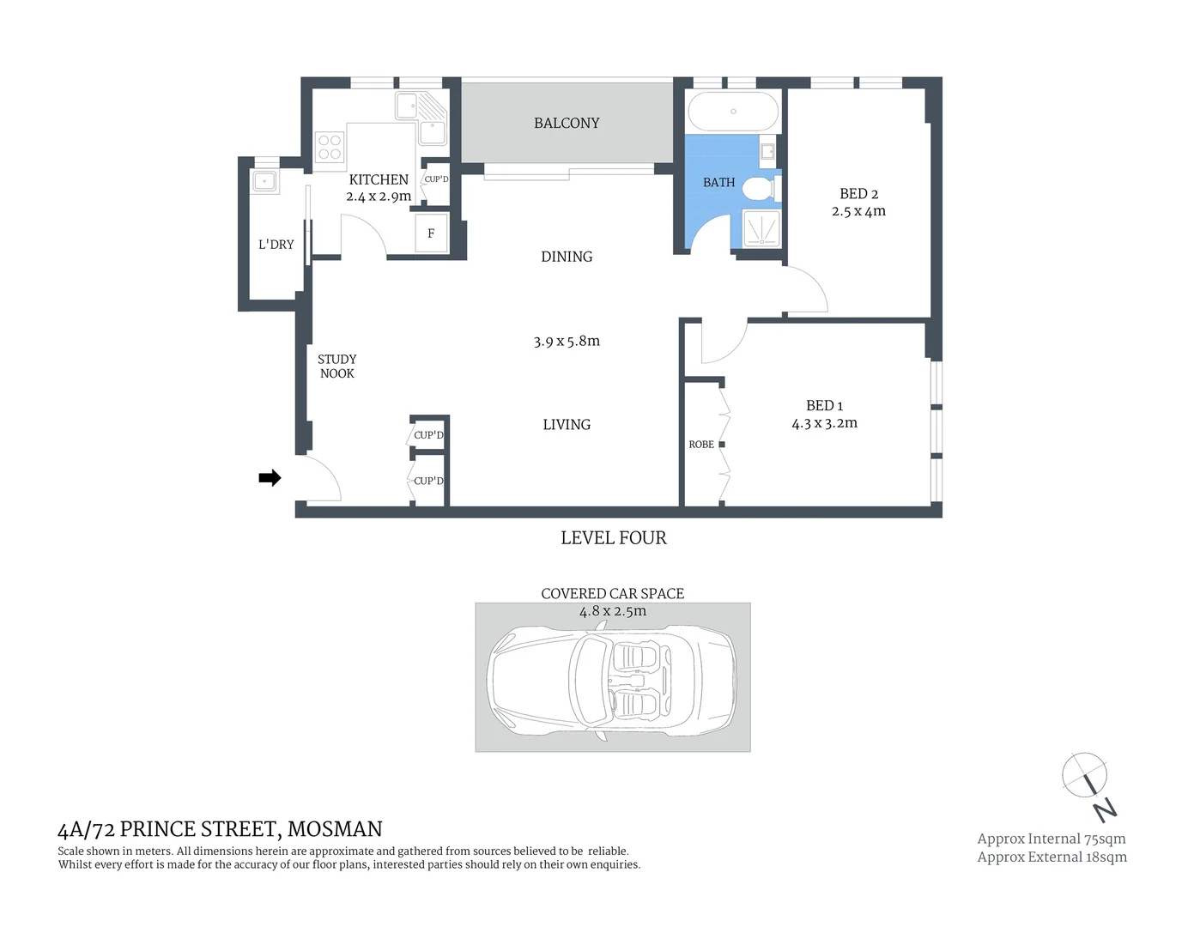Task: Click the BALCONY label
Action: click(567, 124)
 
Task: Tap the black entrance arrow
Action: click(270, 478)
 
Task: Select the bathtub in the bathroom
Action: click(733, 112)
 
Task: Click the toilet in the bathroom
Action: click(758, 188)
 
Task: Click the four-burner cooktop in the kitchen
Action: click(330, 147)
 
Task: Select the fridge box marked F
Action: click(431, 233)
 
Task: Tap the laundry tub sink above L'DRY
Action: click(264, 181)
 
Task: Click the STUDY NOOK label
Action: click(336, 367)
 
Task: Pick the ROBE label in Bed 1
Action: click(701, 445)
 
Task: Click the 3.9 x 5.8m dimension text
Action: click(567, 342)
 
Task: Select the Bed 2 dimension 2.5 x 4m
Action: click(858, 211)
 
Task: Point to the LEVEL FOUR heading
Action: click(613, 538)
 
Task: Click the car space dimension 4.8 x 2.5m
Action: click(613, 612)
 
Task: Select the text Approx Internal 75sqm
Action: click(1052, 839)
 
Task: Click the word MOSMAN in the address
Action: click(335, 829)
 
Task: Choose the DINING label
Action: click(567, 257)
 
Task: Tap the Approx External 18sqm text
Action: click(1052, 857)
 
